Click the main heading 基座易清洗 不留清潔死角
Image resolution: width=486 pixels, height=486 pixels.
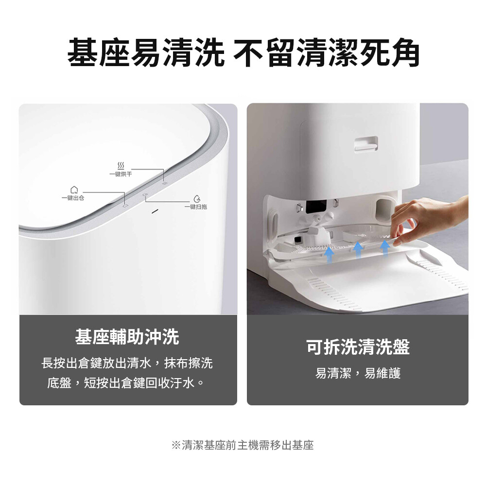(243, 52)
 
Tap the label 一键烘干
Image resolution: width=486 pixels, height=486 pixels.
(121, 174)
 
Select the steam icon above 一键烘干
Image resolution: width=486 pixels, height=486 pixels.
(121, 165)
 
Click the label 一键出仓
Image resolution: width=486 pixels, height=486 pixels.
(73, 198)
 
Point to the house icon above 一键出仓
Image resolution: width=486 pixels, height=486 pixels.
(74, 190)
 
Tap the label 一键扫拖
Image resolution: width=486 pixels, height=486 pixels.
(195, 207)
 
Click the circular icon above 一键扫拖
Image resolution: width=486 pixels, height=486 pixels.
(196, 199)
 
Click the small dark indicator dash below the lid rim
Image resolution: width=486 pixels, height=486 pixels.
(155, 211)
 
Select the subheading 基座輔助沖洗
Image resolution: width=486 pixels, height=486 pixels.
(127, 337)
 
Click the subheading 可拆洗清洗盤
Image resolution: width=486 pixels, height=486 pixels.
(358, 347)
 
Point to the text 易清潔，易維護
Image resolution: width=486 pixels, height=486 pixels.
(358, 373)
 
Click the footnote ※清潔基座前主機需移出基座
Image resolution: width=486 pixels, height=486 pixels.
(243, 445)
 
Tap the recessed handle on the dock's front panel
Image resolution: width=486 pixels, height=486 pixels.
(366, 144)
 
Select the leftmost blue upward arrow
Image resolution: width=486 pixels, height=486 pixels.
(329, 255)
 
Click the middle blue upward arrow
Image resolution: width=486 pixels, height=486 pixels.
(358, 250)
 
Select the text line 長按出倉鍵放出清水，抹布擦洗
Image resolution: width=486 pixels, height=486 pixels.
(127, 363)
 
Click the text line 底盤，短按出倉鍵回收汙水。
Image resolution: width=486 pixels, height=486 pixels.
(126, 383)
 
